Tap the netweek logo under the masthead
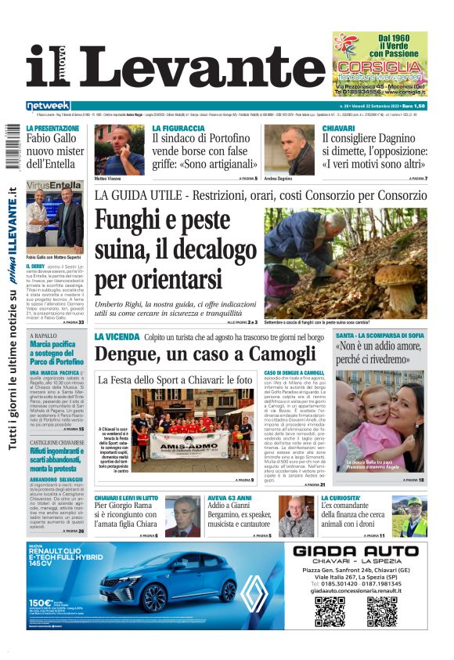[x=48, y=106]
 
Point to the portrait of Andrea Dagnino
[x=299, y=150]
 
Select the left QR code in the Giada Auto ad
[x=330, y=611]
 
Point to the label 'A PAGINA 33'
[x=71, y=321]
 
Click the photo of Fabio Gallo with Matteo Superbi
[x=54, y=216]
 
